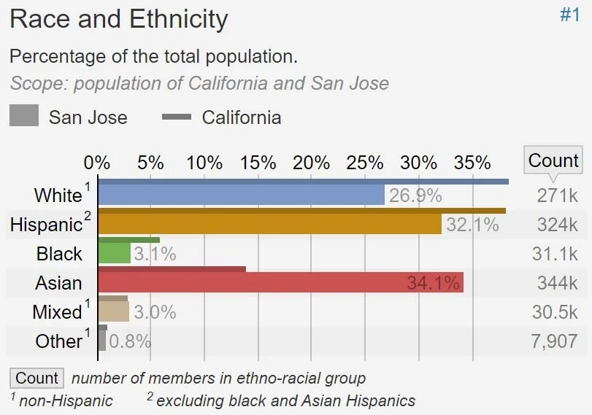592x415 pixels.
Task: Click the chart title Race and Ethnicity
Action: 119,19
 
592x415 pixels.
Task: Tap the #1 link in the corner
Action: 569,15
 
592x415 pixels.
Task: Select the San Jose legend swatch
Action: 24,117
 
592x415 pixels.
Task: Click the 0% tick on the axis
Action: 97,162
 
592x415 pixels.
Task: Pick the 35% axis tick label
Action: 472,162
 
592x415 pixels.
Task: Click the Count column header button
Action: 553,160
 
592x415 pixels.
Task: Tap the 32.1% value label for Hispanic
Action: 472,225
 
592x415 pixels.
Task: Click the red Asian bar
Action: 280,283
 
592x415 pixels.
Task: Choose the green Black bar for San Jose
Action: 114,254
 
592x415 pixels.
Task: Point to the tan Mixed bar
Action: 113,312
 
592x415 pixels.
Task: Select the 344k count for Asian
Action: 557,283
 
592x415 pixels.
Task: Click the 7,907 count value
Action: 555,341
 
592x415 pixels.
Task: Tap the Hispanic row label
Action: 46,225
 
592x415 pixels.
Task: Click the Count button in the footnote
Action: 36,378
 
